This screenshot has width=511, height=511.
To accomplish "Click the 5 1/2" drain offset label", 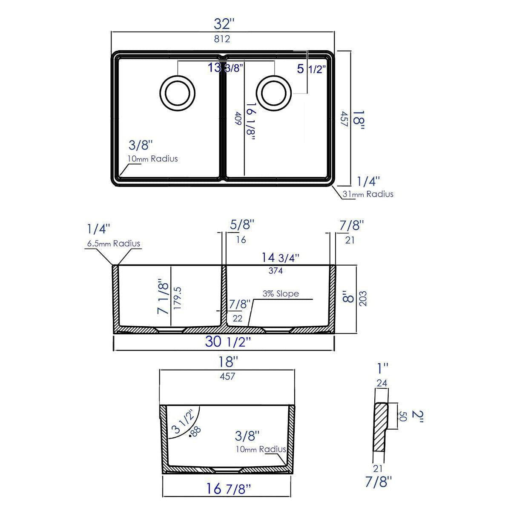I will (312, 68).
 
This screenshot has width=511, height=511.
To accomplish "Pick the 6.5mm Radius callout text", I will (113, 244).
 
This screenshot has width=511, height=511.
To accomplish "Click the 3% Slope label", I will (281, 294).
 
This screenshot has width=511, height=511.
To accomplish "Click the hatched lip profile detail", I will (381, 430).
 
